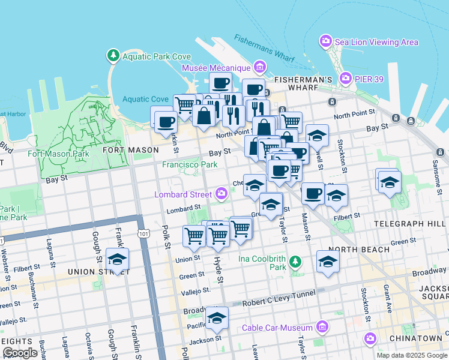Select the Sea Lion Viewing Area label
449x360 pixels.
pyautogui.click(x=376, y=42)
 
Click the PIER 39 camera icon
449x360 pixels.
pyautogui.click(x=346, y=79)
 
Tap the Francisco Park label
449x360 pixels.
pyautogui.click(x=189, y=164)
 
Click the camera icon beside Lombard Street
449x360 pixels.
pyautogui.click(x=222, y=194)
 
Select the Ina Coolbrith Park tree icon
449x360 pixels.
pyautogui.click(x=295, y=262)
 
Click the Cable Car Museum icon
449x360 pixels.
pyautogui.click(x=323, y=328)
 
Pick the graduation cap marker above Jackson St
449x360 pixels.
pyautogui.click(x=217, y=318)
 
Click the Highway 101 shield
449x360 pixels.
pyautogui.click(x=143, y=232)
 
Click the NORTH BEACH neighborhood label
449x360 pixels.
pyautogui.click(x=351, y=249)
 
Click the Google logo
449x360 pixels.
pyautogui.click(x=20, y=352)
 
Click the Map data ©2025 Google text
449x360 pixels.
pyautogui.click(x=411, y=355)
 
